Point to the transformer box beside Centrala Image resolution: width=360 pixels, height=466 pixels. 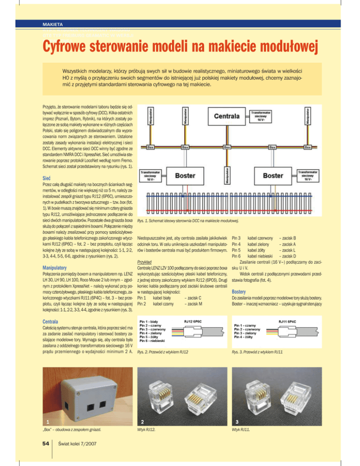click(x=263, y=116)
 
